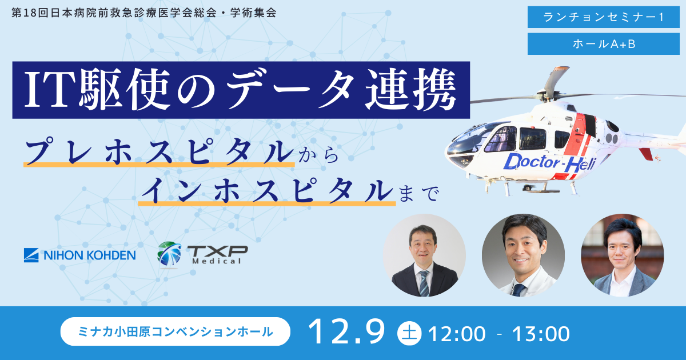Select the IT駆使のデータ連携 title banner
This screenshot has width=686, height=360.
(241, 90)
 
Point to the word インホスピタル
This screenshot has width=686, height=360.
(266, 191)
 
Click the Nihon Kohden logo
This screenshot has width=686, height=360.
(79, 255)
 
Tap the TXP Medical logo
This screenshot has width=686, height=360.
(202, 254)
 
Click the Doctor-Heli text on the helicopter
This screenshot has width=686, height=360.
(549, 163)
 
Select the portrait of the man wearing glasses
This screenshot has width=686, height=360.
(424, 255)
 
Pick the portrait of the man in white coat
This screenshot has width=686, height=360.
(523, 255)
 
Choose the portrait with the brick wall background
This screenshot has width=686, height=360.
(622, 255)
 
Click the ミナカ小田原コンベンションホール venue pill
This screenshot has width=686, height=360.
(175, 331)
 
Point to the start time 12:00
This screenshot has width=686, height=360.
(456, 333)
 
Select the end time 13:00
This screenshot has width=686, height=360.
(540, 333)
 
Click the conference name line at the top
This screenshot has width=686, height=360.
(143, 13)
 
